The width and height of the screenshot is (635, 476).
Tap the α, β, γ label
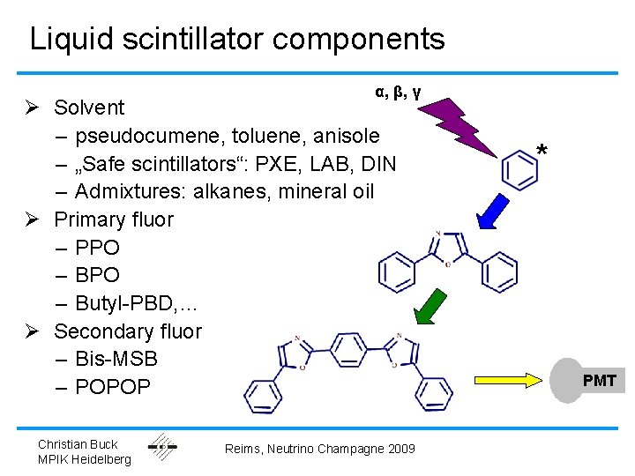coord(398,91)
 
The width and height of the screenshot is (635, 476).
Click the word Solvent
coord(89,108)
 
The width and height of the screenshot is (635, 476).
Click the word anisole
coord(346,136)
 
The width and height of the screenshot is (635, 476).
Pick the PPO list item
coord(97,248)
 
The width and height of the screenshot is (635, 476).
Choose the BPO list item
coord(97,275)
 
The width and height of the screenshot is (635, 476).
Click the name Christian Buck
coord(78,443)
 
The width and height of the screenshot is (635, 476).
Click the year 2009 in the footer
coord(399,450)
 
